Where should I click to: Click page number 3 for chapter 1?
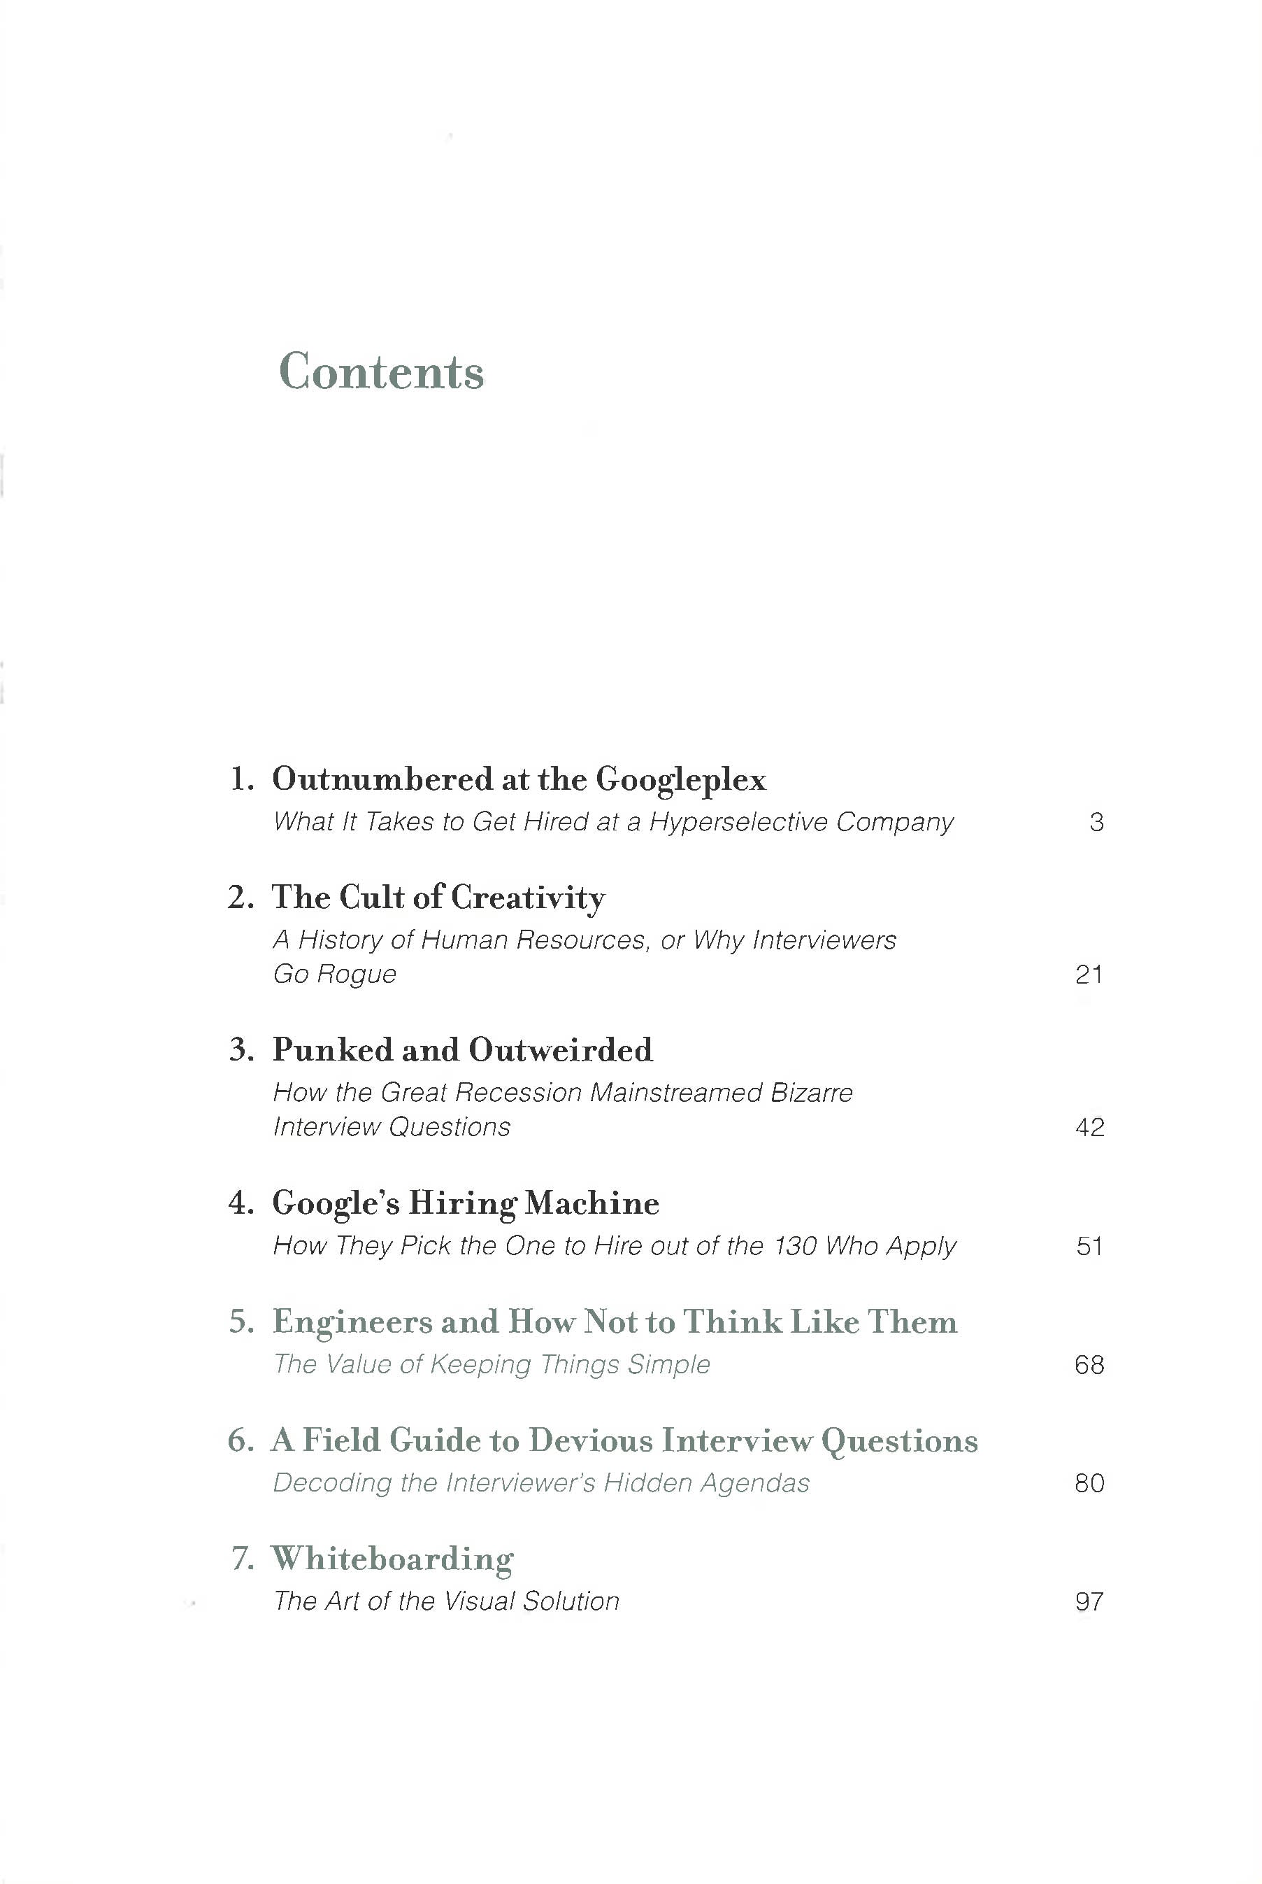coord(1096,822)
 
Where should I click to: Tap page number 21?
coord(1089,975)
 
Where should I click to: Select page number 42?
coord(1089,1126)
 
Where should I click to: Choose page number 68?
coord(1089,1364)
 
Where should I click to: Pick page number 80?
coord(1089,1482)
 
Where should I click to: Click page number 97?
coord(1089,1601)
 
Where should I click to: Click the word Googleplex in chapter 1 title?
coord(681,779)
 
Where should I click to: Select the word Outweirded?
coord(561,1050)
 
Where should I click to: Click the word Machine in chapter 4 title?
coord(591,1203)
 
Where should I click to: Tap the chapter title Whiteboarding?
coord(392,1559)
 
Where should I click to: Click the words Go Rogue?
coord(335,975)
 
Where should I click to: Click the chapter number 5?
coord(241,1322)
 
